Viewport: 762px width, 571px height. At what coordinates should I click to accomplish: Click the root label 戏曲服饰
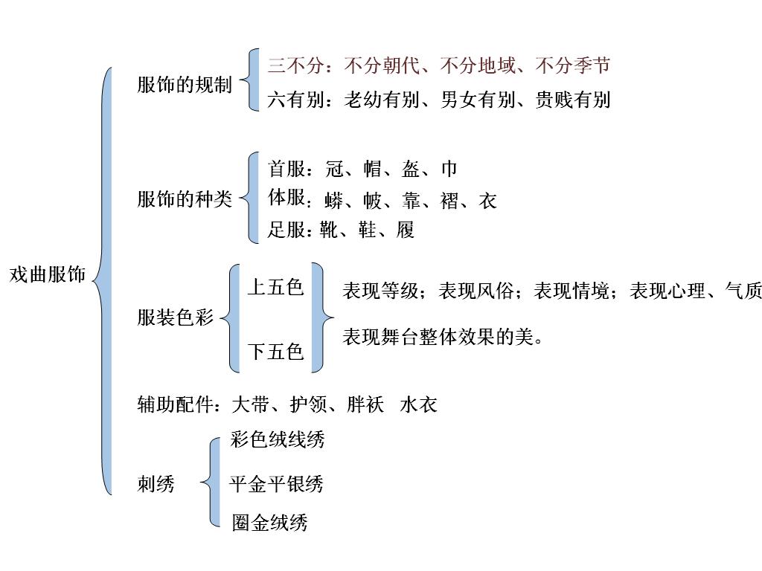click(x=48, y=274)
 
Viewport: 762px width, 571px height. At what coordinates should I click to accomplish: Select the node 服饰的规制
click(x=185, y=85)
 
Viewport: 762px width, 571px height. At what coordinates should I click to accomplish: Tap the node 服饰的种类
click(x=185, y=199)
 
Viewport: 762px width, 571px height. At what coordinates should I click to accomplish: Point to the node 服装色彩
click(x=176, y=317)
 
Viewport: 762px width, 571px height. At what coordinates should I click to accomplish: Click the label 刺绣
click(x=156, y=485)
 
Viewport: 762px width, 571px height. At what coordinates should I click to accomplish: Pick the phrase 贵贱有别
click(x=573, y=100)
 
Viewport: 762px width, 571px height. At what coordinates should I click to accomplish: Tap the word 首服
click(x=286, y=169)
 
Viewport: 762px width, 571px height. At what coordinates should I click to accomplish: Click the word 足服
click(x=286, y=230)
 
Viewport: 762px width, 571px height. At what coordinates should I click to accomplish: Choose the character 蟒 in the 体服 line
click(x=334, y=201)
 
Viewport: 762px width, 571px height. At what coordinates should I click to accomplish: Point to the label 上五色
click(x=275, y=287)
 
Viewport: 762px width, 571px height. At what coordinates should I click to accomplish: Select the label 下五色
click(x=275, y=351)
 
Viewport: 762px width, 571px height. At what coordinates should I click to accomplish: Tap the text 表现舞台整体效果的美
click(x=438, y=337)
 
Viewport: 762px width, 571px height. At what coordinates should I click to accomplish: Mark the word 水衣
click(x=418, y=404)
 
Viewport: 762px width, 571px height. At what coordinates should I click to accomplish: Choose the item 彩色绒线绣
click(x=278, y=439)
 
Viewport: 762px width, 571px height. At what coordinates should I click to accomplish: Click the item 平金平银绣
click(x=276, y=485)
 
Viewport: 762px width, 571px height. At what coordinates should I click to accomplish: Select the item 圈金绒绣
click(x=269, y=523)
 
